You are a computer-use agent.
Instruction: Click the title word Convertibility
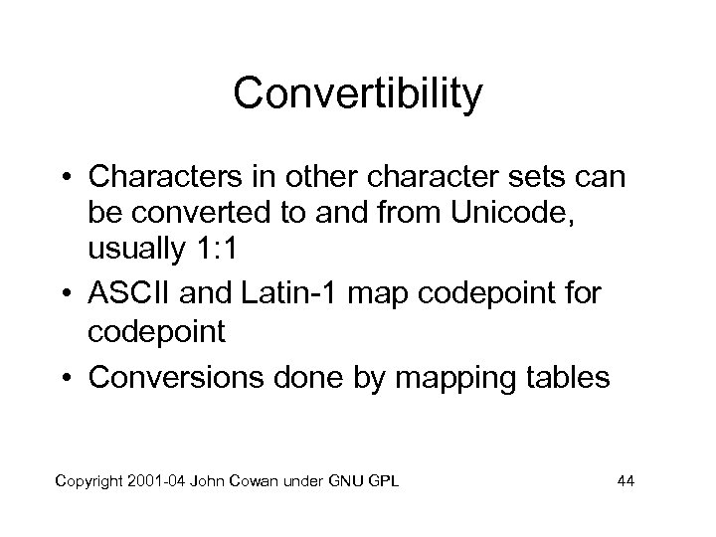(x=358, y=94)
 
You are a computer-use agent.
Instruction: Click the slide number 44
(x=626, y=482)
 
